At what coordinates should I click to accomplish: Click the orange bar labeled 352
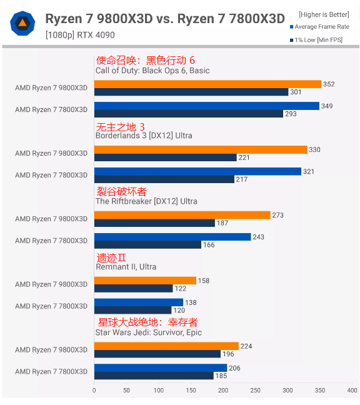[x=207, y=84]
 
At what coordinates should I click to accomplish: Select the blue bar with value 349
[x=206, y=106]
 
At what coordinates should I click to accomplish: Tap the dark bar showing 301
[x=191, y=92]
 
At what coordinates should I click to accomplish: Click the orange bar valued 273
[x=182, y=215]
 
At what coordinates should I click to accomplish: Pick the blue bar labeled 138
[x=139, y=302]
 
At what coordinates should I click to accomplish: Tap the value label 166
[x=209, y=245]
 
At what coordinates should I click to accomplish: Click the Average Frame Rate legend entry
[x=322, y=27]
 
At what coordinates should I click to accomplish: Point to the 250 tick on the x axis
[x=255, y=390]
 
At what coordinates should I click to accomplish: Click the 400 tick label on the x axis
[x=352, y=390]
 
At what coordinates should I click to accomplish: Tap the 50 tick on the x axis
[x=126, y=390]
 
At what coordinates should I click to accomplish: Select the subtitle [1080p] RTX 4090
[x=80, y=35]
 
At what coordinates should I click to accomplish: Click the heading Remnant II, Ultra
[x=126, y=267]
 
